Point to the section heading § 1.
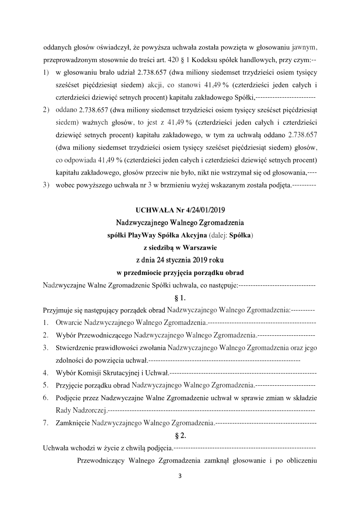[180, 297]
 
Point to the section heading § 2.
[180, 435]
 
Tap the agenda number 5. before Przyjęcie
[46, 385]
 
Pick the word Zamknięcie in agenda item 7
[72, 423]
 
